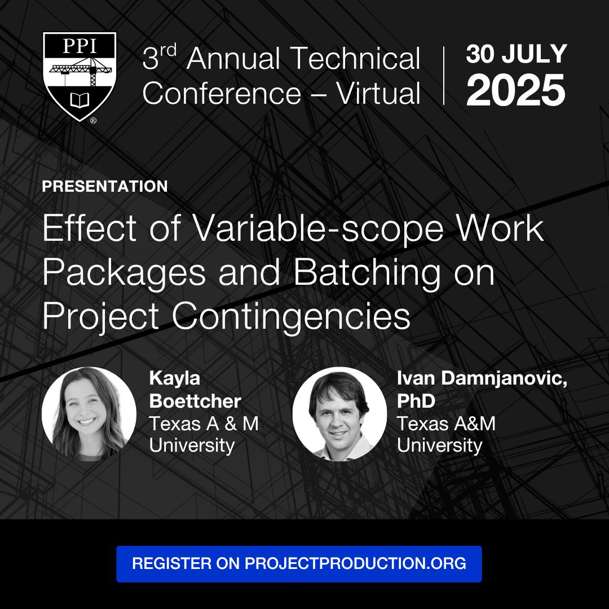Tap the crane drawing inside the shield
[x=81, y=71]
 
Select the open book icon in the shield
[x=80, y=100]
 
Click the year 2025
[x=516, y=90]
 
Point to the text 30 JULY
[x=517, y=54]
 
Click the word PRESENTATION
[x=105, y=187]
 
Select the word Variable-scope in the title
[x=318, y=228]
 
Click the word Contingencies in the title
[x=291, y=316]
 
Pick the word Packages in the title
[x=124, y=273]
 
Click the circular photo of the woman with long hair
[x=89, y=414]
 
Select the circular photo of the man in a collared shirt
[x=339, y=414]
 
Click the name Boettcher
[x=195, y=401]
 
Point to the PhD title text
[x=416, y=401]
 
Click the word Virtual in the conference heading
[x=378, y=94]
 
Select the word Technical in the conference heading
[x=355, y=58]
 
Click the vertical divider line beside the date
[x=444, y=76]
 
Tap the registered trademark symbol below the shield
[x=93, y=121]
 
